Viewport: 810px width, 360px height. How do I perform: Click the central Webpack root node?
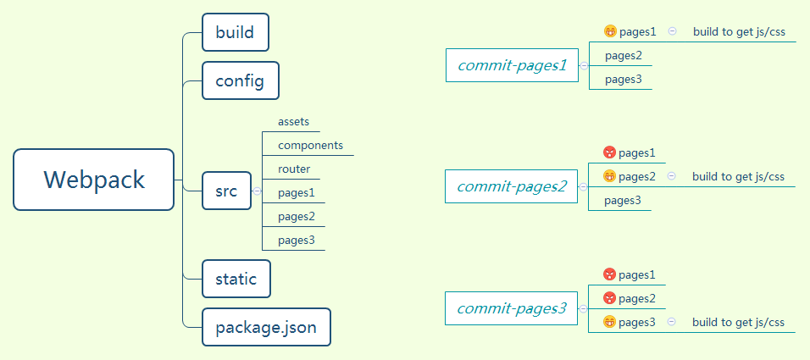click(93, 180)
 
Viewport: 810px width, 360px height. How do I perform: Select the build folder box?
click(236, 32)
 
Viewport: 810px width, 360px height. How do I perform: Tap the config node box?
click(241, 80)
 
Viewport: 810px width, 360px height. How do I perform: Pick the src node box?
click(226, 191)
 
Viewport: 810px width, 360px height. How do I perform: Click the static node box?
click(236, 279)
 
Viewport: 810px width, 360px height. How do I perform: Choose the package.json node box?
click(266, 327)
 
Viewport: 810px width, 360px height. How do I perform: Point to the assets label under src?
click(293, 122)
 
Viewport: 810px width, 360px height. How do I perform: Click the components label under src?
click(310, 146)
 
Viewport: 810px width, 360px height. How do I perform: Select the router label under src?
click(294, 169)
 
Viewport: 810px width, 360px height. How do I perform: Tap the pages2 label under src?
click(297, 216)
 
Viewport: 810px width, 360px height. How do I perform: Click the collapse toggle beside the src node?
click(257, 191)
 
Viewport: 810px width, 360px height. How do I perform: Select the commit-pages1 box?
click(512, 65)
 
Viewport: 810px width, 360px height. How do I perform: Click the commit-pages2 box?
click(512, 186)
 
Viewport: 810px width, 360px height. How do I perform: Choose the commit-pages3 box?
click(512, 308)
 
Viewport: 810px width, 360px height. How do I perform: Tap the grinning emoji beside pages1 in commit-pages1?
click(610, 31)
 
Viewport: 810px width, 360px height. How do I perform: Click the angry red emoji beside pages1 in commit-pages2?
click(609, 152)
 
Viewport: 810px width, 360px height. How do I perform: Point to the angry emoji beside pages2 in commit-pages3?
click(609, 298)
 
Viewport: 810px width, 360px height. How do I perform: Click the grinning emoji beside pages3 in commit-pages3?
click(609, 322)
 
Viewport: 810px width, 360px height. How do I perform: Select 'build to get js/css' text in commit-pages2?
click(738, 177)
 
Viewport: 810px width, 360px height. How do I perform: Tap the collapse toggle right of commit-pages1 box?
click(584, 65)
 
